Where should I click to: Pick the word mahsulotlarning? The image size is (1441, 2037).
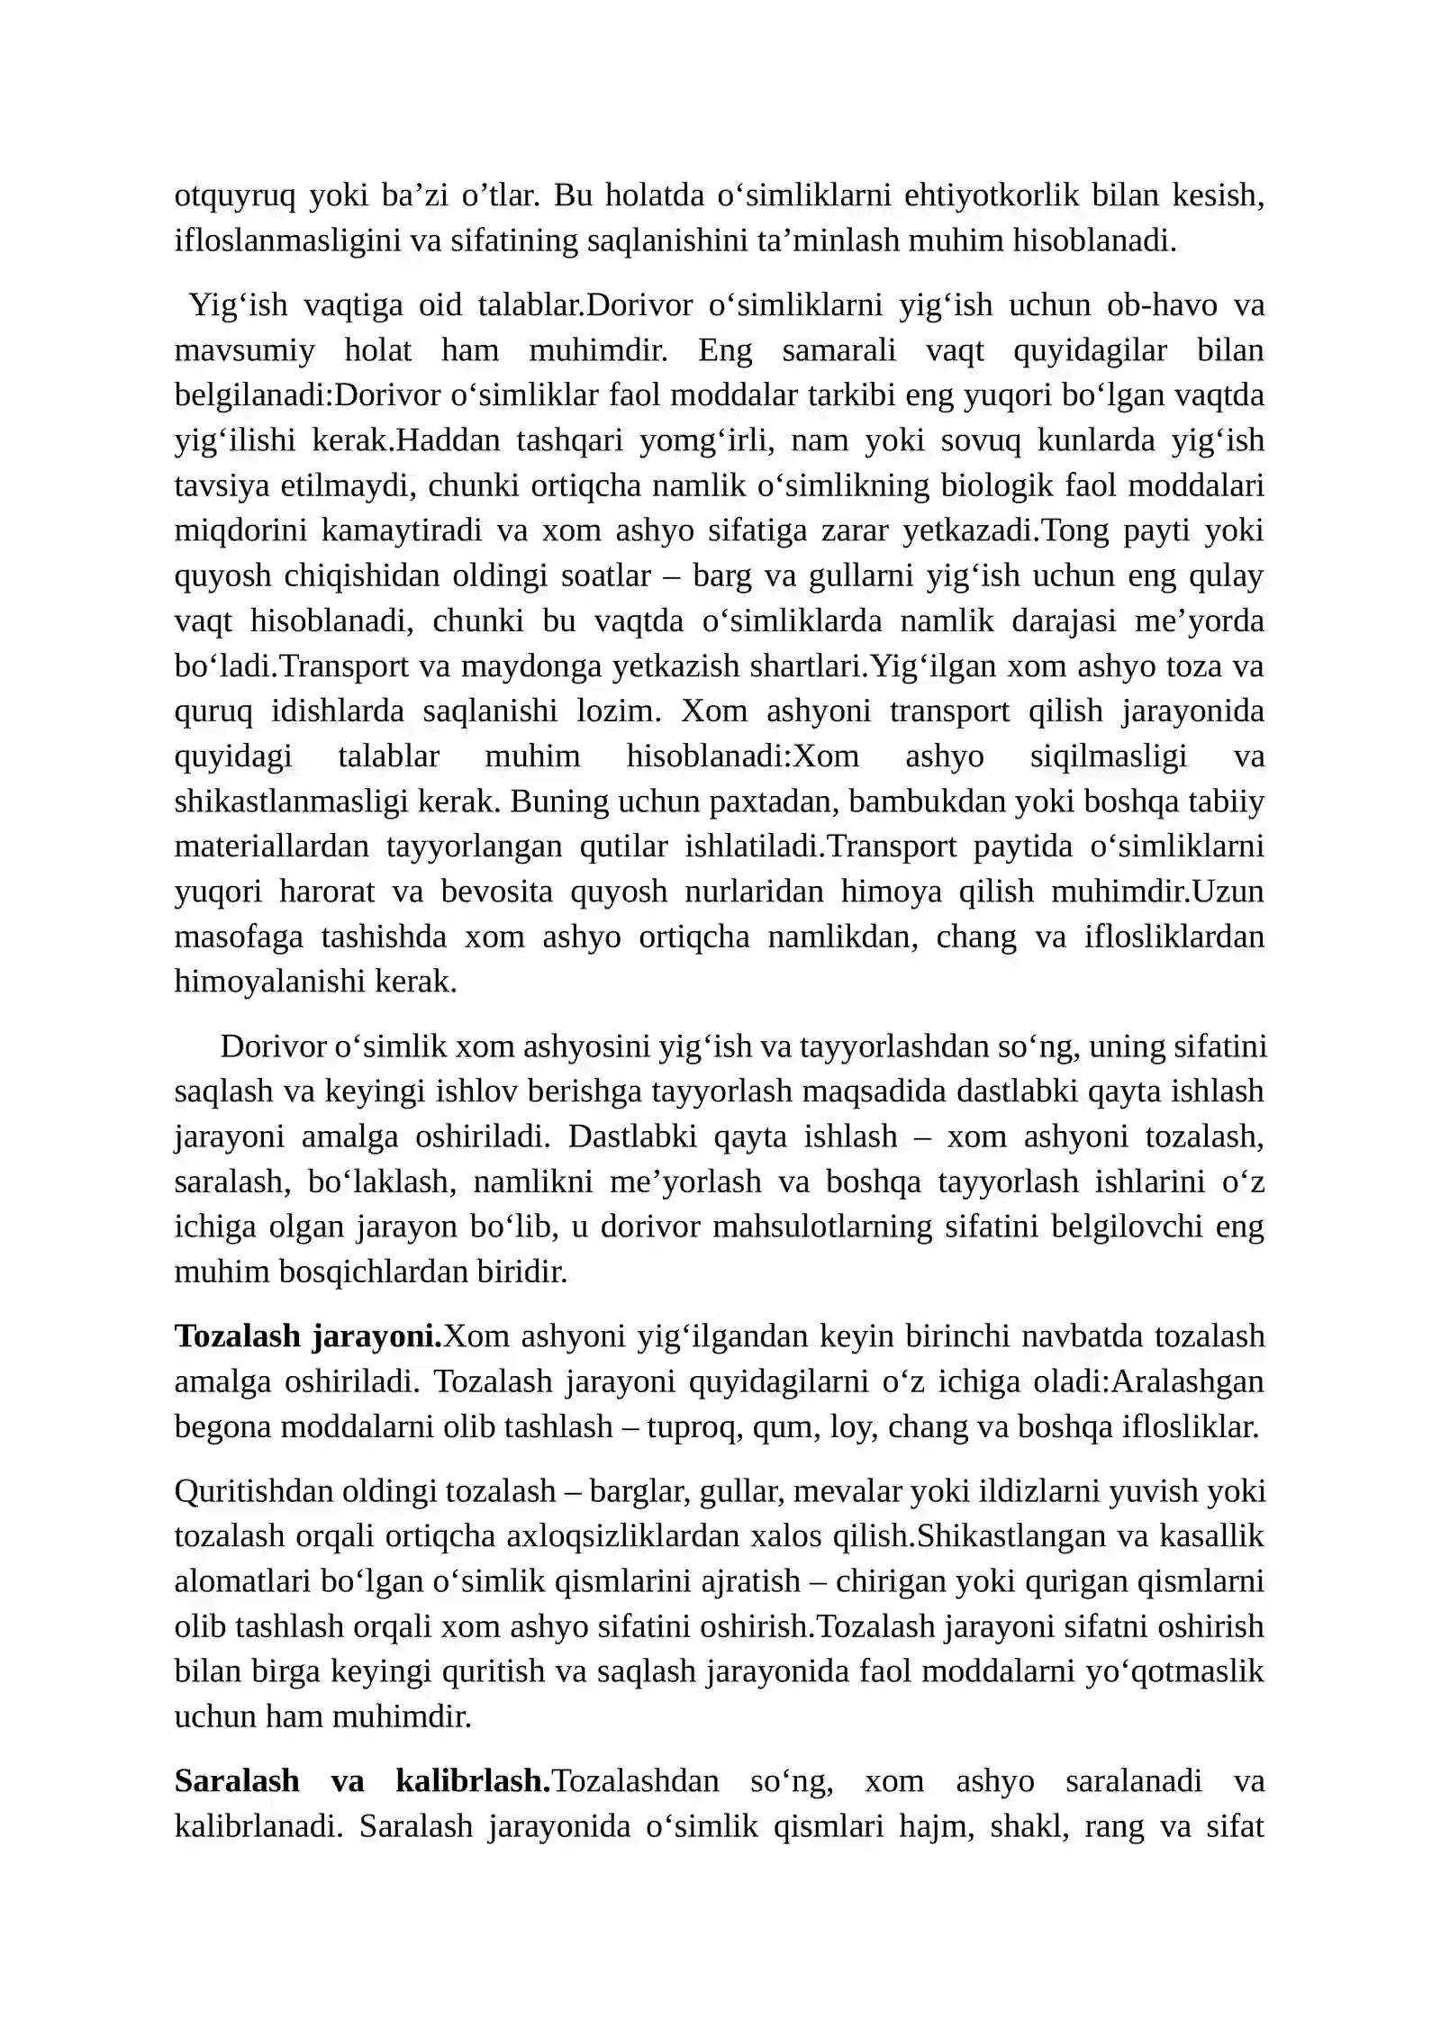822,1227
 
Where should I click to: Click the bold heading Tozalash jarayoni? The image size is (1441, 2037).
307,1336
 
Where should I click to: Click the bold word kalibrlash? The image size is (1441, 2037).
472,1781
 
